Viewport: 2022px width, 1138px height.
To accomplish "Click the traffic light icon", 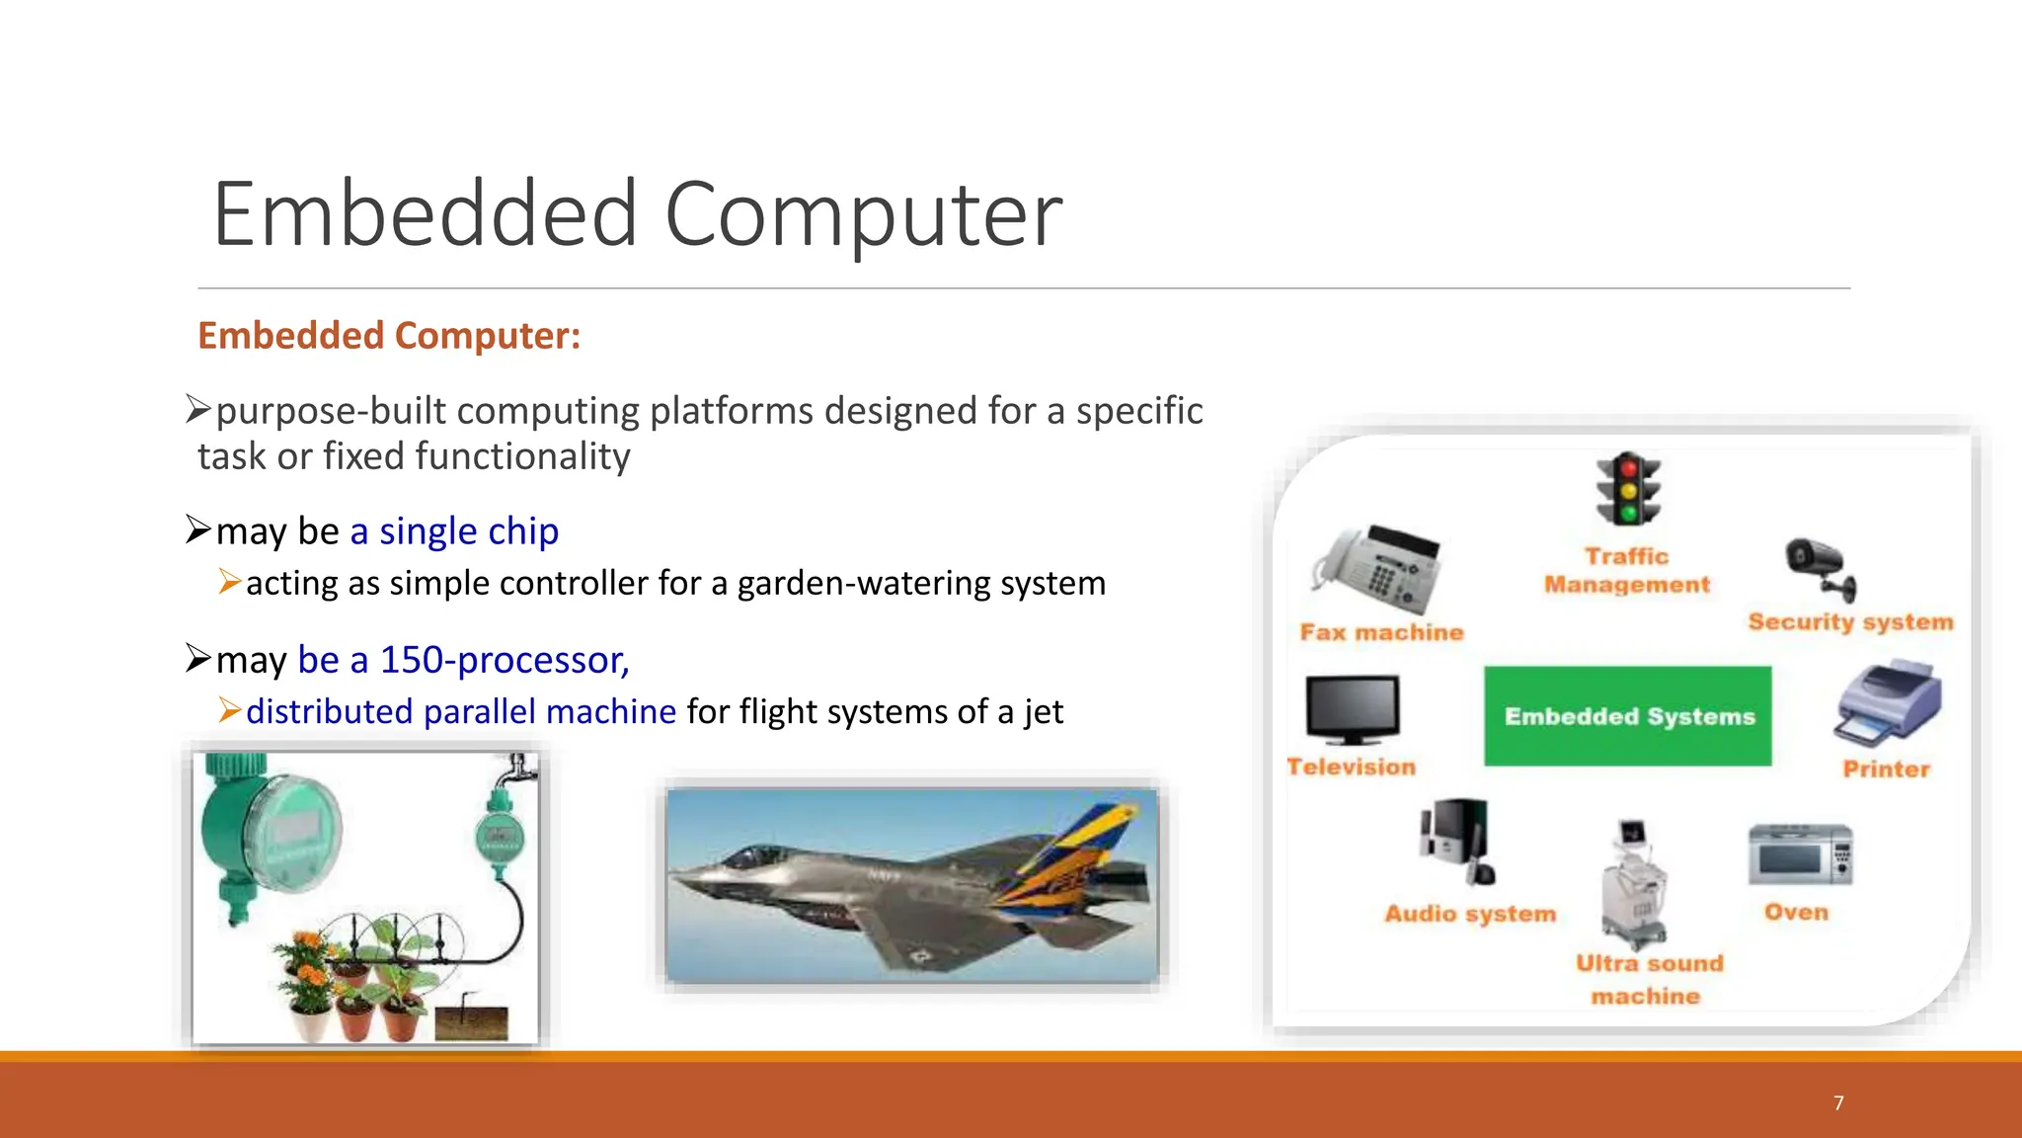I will [1628, 490].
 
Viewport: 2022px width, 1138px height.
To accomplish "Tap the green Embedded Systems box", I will [1628, 716].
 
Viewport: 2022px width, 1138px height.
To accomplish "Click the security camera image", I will [1821, 569].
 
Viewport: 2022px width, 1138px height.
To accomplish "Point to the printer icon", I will [1887, 704].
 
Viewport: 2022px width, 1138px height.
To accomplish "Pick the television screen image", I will [1352, 709].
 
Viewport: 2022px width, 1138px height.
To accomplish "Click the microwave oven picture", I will [1800, 855].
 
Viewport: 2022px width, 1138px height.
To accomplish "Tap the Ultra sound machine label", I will [1648, 979].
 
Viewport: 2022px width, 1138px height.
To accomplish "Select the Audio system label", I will [1469, 914].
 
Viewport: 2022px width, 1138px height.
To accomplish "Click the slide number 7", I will [1838, 1103].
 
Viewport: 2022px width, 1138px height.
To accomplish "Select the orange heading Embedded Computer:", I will [389, 336].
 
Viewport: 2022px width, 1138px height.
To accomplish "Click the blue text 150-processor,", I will [504, 660].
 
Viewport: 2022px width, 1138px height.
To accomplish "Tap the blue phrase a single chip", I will [454, 531].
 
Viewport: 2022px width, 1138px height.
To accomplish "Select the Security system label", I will [1850, 622].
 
